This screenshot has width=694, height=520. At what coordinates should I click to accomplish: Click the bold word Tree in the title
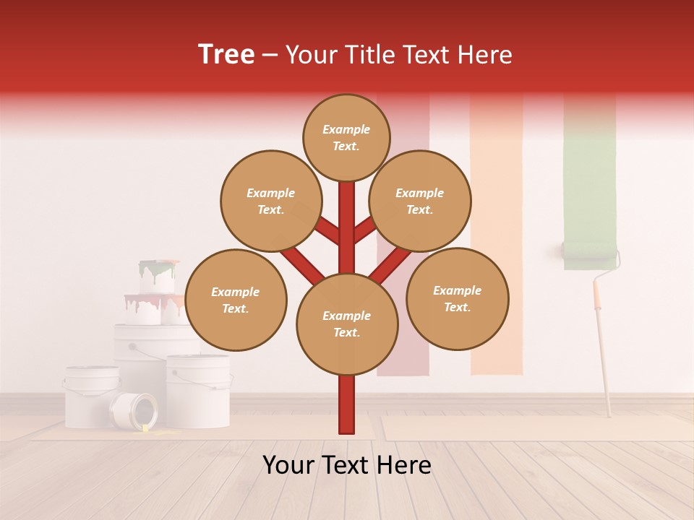click(x=226, y=54)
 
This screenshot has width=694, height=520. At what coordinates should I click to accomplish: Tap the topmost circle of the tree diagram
click(x=346, y=137)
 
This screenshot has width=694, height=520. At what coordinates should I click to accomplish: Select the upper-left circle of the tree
click(x=271, y=201)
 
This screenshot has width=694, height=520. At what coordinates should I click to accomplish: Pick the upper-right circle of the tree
click(x=420, y=201)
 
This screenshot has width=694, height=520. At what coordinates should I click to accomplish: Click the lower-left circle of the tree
click(x=236, y=300)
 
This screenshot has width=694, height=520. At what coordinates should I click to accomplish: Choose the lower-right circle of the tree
click(x=458, y=298)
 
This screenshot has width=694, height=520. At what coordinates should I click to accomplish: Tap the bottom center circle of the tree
click(x=347, y=324)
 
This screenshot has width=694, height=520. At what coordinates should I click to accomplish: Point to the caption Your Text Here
click(x=347, y=465)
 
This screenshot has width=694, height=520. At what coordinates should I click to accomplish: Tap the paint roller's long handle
click(x=602, y=347)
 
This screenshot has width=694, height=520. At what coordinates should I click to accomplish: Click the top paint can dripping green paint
click(x=158, y=276)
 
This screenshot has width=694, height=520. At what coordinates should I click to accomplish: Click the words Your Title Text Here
click(x=399, y=54)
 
